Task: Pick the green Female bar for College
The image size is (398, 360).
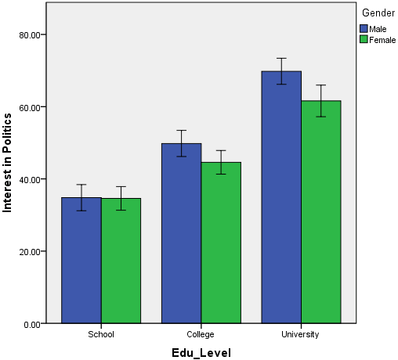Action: coord(221,243)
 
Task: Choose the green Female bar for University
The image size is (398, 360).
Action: coord(321,211)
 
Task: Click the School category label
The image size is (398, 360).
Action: coord(101,334)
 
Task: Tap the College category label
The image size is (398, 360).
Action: coord(201,334)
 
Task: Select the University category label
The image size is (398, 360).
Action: coord(301,334)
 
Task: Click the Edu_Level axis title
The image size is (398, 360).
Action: coord(201,352)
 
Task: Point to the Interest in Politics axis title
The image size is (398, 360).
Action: coord(8,163)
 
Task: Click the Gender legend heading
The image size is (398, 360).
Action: coord(377,13)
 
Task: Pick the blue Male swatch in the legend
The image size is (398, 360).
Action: coord(364,28)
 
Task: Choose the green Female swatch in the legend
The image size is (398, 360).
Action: coord(364,39)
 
